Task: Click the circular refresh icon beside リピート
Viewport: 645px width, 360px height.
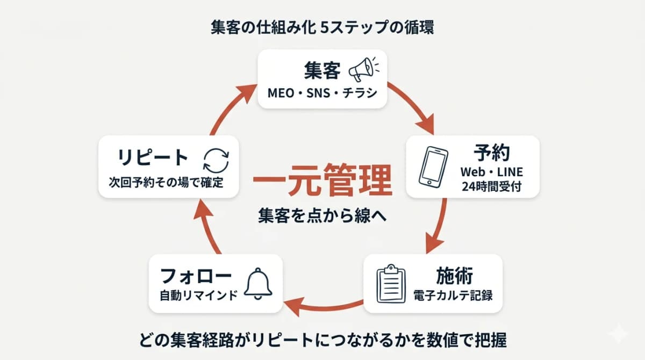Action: (216, 160)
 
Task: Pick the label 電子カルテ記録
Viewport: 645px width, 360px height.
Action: (453, 295)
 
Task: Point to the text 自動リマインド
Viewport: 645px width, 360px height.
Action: (198, 295)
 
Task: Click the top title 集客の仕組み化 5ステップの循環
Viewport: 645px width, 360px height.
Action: (322, 27)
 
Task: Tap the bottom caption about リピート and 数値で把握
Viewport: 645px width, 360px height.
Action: (322, 340)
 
